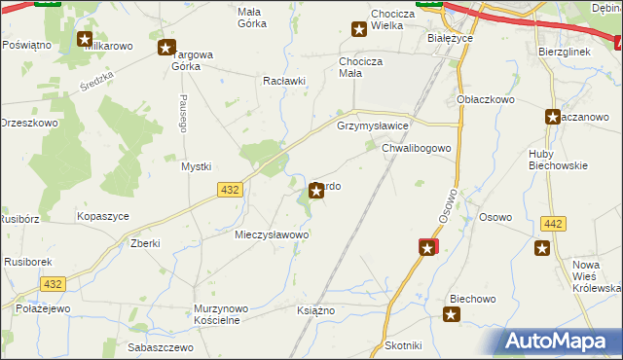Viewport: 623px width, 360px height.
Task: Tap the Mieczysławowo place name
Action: [x=272, y=234]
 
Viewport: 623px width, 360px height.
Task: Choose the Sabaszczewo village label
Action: [x=147, y=346]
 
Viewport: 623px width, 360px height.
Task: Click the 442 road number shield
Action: [x=552, y=224]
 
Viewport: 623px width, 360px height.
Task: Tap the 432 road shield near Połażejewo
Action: [x=53, y=283]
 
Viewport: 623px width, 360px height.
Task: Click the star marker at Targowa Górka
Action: [x=166, y=47]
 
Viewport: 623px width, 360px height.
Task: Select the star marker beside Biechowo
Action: [x=452, y=313]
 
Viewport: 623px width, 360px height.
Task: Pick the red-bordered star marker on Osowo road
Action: [x=427, y=249]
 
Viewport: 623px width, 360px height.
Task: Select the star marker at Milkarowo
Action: [x=85, y=40]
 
